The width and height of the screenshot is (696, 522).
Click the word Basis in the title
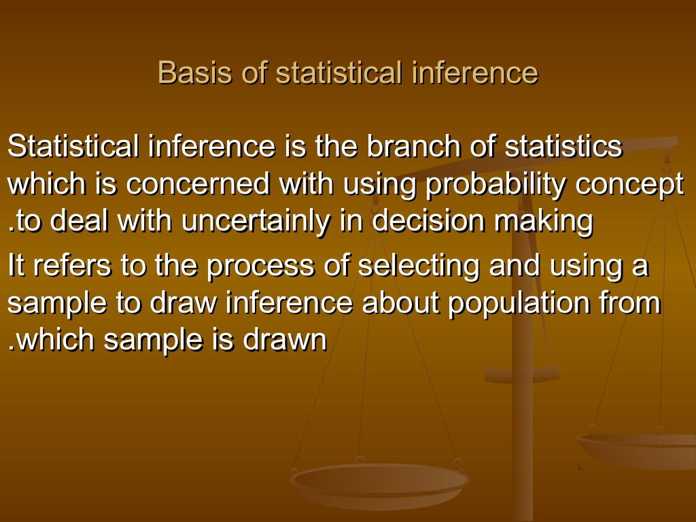pos(185,73)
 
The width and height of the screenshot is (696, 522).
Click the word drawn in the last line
pos(288,341)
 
